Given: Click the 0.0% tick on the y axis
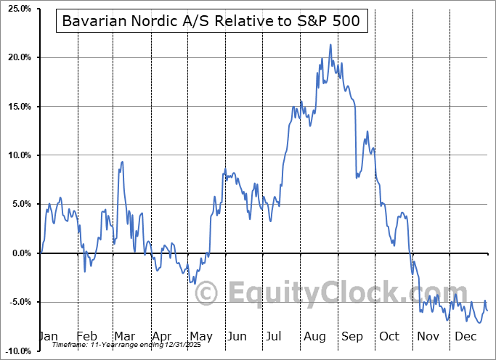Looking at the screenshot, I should pyautogui.click(x=18, y=253).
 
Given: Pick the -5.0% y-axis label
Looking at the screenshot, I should pyautogui.click(x=17, y=302).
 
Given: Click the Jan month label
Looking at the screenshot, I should pyautogui.click(x=47, y=336).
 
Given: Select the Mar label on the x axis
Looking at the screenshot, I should pyautogui.click(x=124, y=336).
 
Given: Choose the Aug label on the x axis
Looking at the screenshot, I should pyautogui.click(x=314, y=336).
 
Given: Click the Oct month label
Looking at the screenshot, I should pyautogui.click(x=390, y=336).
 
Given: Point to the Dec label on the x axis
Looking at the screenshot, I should pyautogui.click(x=466, y=336).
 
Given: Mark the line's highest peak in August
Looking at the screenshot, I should pyautogui.click(x=330, y=44).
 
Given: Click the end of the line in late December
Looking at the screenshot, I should pyautogui.click(x=487, y=311).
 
